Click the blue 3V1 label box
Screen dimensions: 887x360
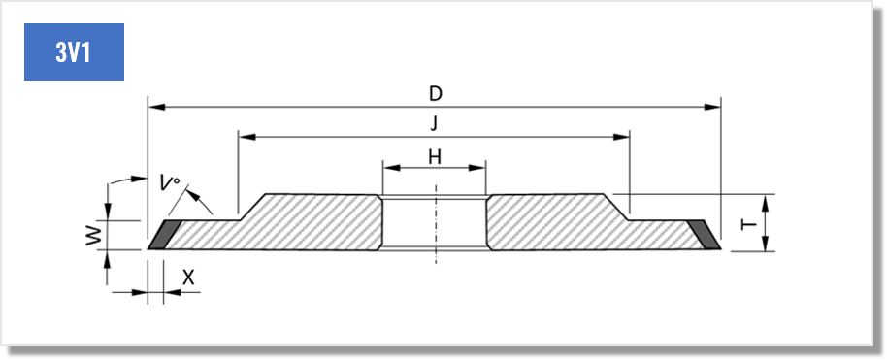coord(74,51)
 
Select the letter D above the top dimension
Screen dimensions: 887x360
coord(435,94)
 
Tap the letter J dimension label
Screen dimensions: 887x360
coord(434,124)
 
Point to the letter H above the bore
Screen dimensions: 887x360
coord(435,157)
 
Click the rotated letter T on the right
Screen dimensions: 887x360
coord(749,225)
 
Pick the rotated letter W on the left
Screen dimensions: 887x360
coord(94,235)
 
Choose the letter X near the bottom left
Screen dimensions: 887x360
coord(188,278)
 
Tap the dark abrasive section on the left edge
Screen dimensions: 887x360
coord(164,235)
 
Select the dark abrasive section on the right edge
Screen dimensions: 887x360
coord(705,235)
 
